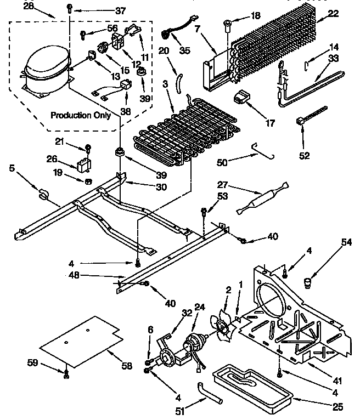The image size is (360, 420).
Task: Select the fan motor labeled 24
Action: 195,346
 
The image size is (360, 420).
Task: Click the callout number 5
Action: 12,169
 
